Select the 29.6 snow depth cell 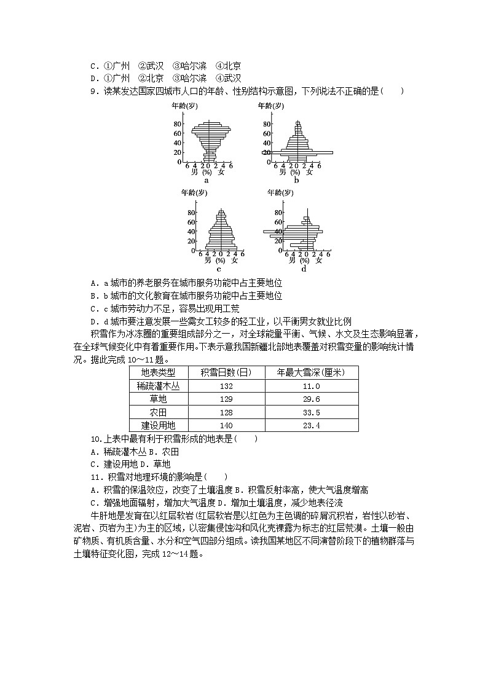coord(312,399)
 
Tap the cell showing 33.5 coord(312,412)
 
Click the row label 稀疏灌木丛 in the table coord(158,386)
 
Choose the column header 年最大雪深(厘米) coord(312,373)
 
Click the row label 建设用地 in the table coord(158,425)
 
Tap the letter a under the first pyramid coord(207,180)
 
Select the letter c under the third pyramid coord(218,269)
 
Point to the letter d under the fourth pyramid coord(304,269)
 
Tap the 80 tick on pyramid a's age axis coord(177,123)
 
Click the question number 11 coord(95,477)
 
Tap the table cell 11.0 coord(312,386)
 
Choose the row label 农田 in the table coord(158,412)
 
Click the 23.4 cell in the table coord(312,425)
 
